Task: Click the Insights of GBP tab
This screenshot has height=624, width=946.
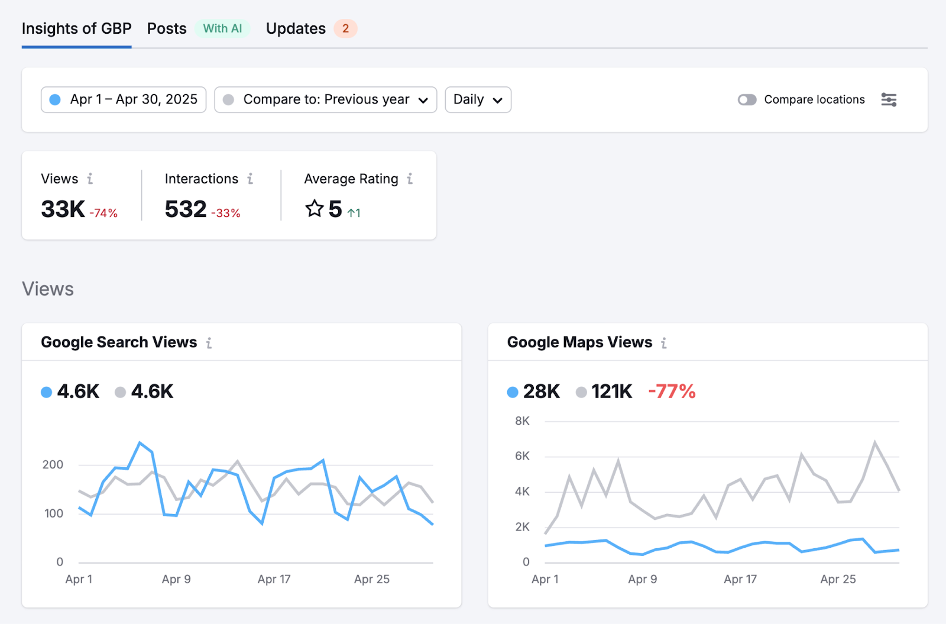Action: coord(76,28)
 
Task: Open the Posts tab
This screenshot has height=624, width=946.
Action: coord(167,28)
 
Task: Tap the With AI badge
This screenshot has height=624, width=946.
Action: coord(222,28)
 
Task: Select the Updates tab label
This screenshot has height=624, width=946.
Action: coord(296,28)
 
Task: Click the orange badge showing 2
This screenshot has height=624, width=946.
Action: coord(345,28)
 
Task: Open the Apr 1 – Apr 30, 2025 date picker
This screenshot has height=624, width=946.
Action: coord(124,99)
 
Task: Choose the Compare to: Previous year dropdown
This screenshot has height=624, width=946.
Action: coord(325,99)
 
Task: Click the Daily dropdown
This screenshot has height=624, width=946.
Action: coord(478,99)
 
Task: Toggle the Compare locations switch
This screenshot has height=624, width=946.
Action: coord(747,99)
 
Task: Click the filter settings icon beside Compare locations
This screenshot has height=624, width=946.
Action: coord(889,99)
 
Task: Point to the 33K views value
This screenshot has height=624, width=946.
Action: coord(63,209)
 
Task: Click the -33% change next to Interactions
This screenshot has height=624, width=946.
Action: coord(226,213)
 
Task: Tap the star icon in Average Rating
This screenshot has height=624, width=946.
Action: coord(314,209)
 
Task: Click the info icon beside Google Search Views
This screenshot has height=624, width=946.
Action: coord(209,343)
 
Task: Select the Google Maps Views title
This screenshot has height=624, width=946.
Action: coord(579,342)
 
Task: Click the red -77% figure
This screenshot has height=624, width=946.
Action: coord(672,392)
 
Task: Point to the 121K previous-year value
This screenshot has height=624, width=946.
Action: coord(611,392)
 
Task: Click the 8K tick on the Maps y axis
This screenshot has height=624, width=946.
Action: coord(522,421)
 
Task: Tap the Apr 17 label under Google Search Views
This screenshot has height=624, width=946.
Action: coord(274,580)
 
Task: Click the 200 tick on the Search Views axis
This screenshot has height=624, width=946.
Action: coord(53,465)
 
